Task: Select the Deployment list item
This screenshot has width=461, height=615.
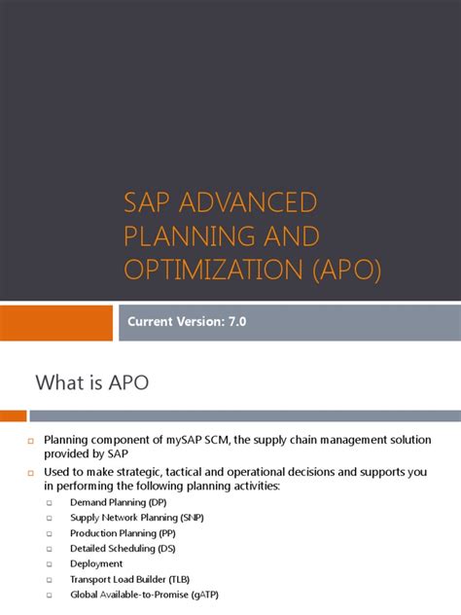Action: click(96, 563)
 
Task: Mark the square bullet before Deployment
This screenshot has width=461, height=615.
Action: click(52, 564)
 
